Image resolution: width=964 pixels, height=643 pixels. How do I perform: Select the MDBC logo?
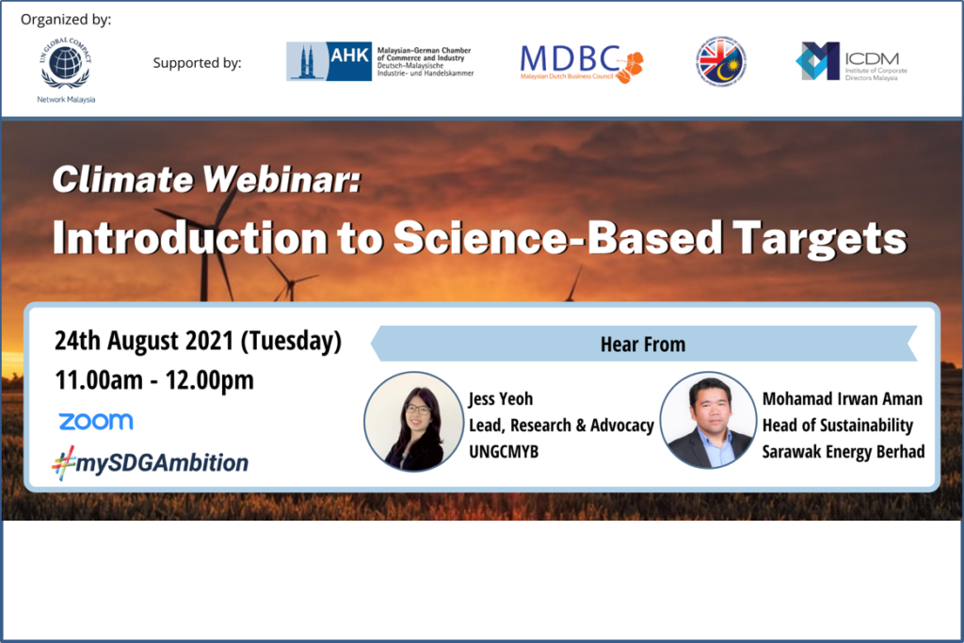(582, 62)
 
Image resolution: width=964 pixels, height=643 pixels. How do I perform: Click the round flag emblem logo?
(720, 61)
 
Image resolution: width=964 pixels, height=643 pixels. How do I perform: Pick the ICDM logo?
(846, 61)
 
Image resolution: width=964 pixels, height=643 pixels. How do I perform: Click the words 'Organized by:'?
(66, 19)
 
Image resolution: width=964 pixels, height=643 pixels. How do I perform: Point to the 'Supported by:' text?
(197, 63)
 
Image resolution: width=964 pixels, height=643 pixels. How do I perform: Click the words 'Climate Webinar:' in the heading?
(206, 179)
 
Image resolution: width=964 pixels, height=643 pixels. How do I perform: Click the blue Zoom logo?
(95, 422)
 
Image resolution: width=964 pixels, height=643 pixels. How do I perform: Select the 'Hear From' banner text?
(643, 345)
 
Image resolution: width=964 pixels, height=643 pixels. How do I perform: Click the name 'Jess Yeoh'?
(501, 398)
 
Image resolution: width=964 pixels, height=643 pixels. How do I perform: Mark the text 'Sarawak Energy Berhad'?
(843, 451)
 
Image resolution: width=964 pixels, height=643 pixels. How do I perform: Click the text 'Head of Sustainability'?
(838, 425)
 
